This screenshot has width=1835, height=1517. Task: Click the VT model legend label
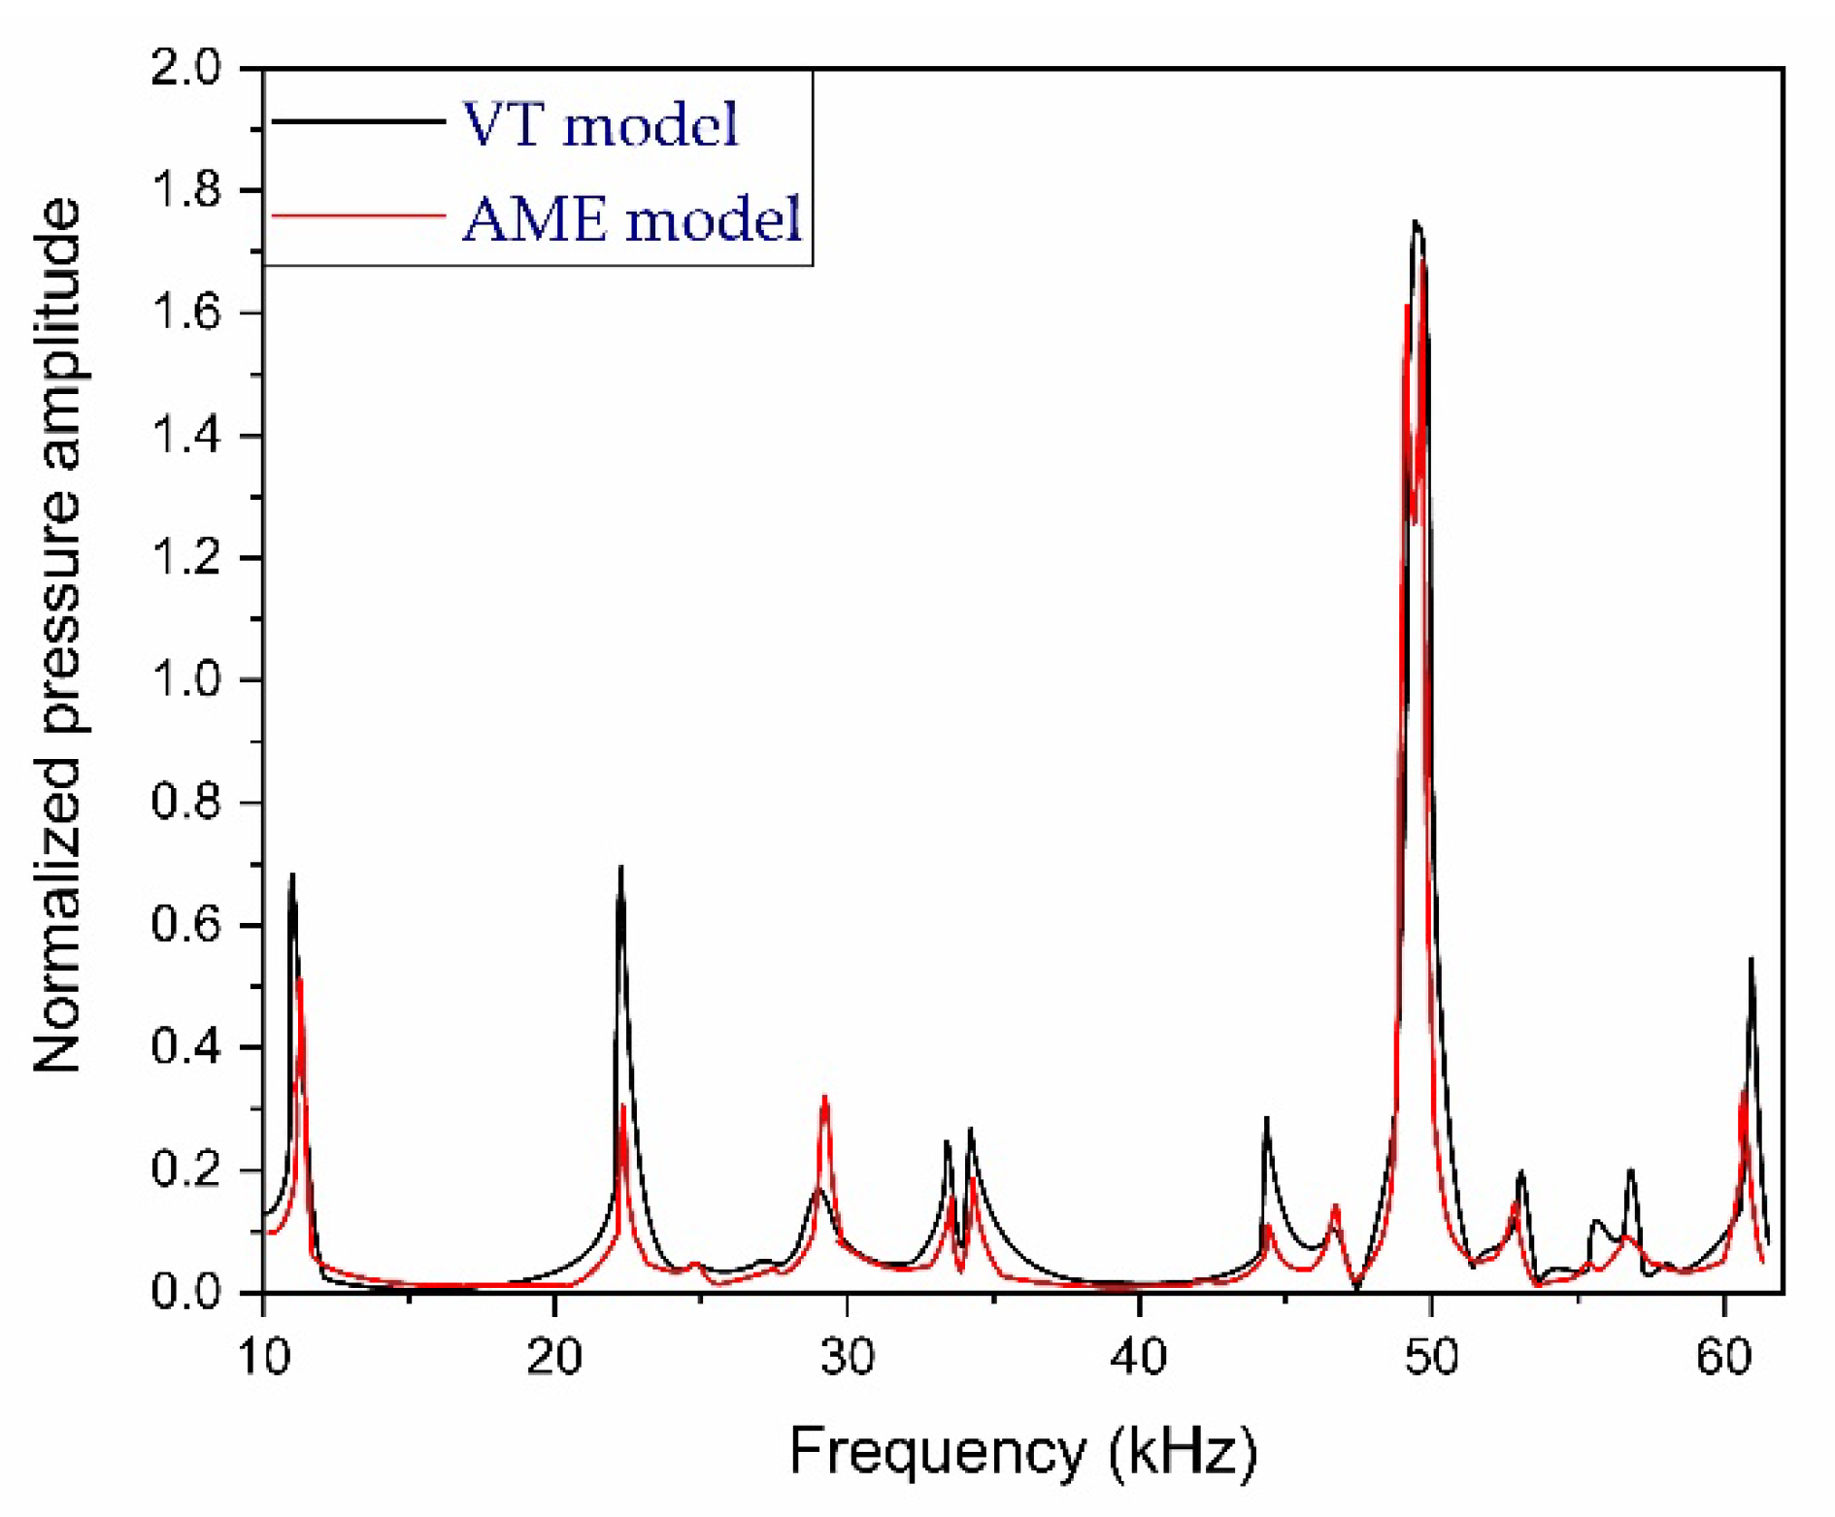[x=599, y=125]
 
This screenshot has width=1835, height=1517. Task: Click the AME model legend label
[x=632, y=218]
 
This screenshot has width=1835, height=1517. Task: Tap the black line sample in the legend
[x=357, y=121]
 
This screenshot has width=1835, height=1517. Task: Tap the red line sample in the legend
[x=357, y=214]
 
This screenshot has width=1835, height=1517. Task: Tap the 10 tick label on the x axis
[x=263, y=1356]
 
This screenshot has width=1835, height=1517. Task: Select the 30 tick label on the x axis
[x=847, y=1356]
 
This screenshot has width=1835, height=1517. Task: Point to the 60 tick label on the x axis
[x=1723, y=1356]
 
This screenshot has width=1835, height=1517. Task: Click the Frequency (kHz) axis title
[x=1022, y=1452]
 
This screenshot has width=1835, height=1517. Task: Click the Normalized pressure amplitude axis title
[x=58, y=636]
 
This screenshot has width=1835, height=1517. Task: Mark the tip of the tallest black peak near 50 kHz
[x=1416, y=222]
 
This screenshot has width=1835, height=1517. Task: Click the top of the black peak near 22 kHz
[x=620, y=867]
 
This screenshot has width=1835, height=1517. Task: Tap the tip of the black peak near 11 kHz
[x=292, y=874]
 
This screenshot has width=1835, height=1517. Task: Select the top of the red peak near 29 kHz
[x=824, y=1097]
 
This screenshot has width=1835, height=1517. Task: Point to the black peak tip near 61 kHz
[x=1752, y=959]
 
